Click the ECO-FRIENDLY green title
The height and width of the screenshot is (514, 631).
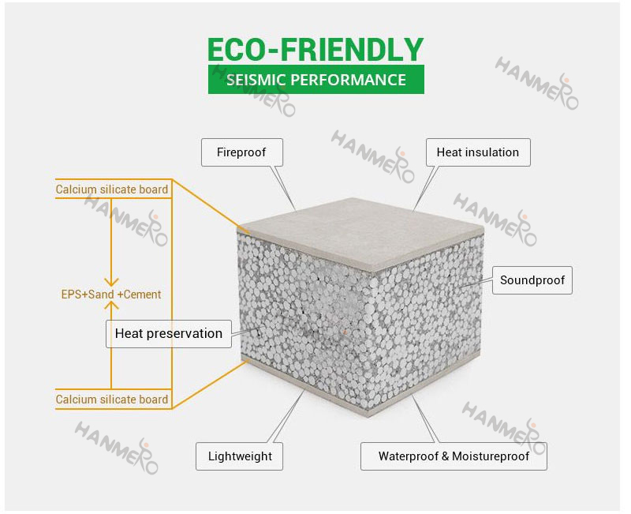point(315,50)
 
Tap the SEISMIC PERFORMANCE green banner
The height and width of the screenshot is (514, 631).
point(316,80)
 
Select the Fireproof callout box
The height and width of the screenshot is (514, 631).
point(242,152)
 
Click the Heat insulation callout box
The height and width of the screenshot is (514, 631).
point(478,152)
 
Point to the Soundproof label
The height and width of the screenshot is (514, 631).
point(532,280)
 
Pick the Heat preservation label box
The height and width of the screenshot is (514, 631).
point(169,333)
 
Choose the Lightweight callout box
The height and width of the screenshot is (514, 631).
point(240,456)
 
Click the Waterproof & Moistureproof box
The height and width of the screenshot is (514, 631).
point(454,456)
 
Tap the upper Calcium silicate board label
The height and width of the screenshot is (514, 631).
point(112,189)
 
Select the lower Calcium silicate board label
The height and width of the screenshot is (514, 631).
point(112,400)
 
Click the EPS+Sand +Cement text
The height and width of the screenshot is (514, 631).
point(111,295)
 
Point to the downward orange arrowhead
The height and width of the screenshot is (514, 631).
point(111,282)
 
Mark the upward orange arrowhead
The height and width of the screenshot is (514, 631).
point(111,306)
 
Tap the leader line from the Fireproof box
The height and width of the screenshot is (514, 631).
point(284,188)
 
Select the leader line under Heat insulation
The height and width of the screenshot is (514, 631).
point(426,188)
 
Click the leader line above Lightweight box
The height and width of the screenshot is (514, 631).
point(286,416)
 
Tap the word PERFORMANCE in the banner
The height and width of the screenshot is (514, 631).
point(348,80)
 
